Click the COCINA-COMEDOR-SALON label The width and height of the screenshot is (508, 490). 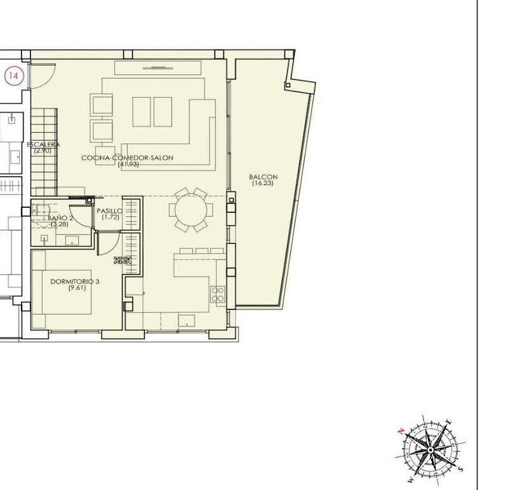[x=127, y=158]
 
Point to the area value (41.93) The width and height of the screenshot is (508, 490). [x=128, y=165]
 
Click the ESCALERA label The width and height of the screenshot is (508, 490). [x=44, y=145]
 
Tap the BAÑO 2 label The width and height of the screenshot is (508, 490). [x=61, y=218]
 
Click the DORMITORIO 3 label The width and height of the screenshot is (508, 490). [x=76, y=281]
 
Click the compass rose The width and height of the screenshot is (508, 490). [x=431, y=449]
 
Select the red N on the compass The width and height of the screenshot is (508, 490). [x=401, y=430]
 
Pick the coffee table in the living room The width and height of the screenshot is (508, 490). [x=152, y=111]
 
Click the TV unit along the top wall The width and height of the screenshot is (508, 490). [x=157, y=67]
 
